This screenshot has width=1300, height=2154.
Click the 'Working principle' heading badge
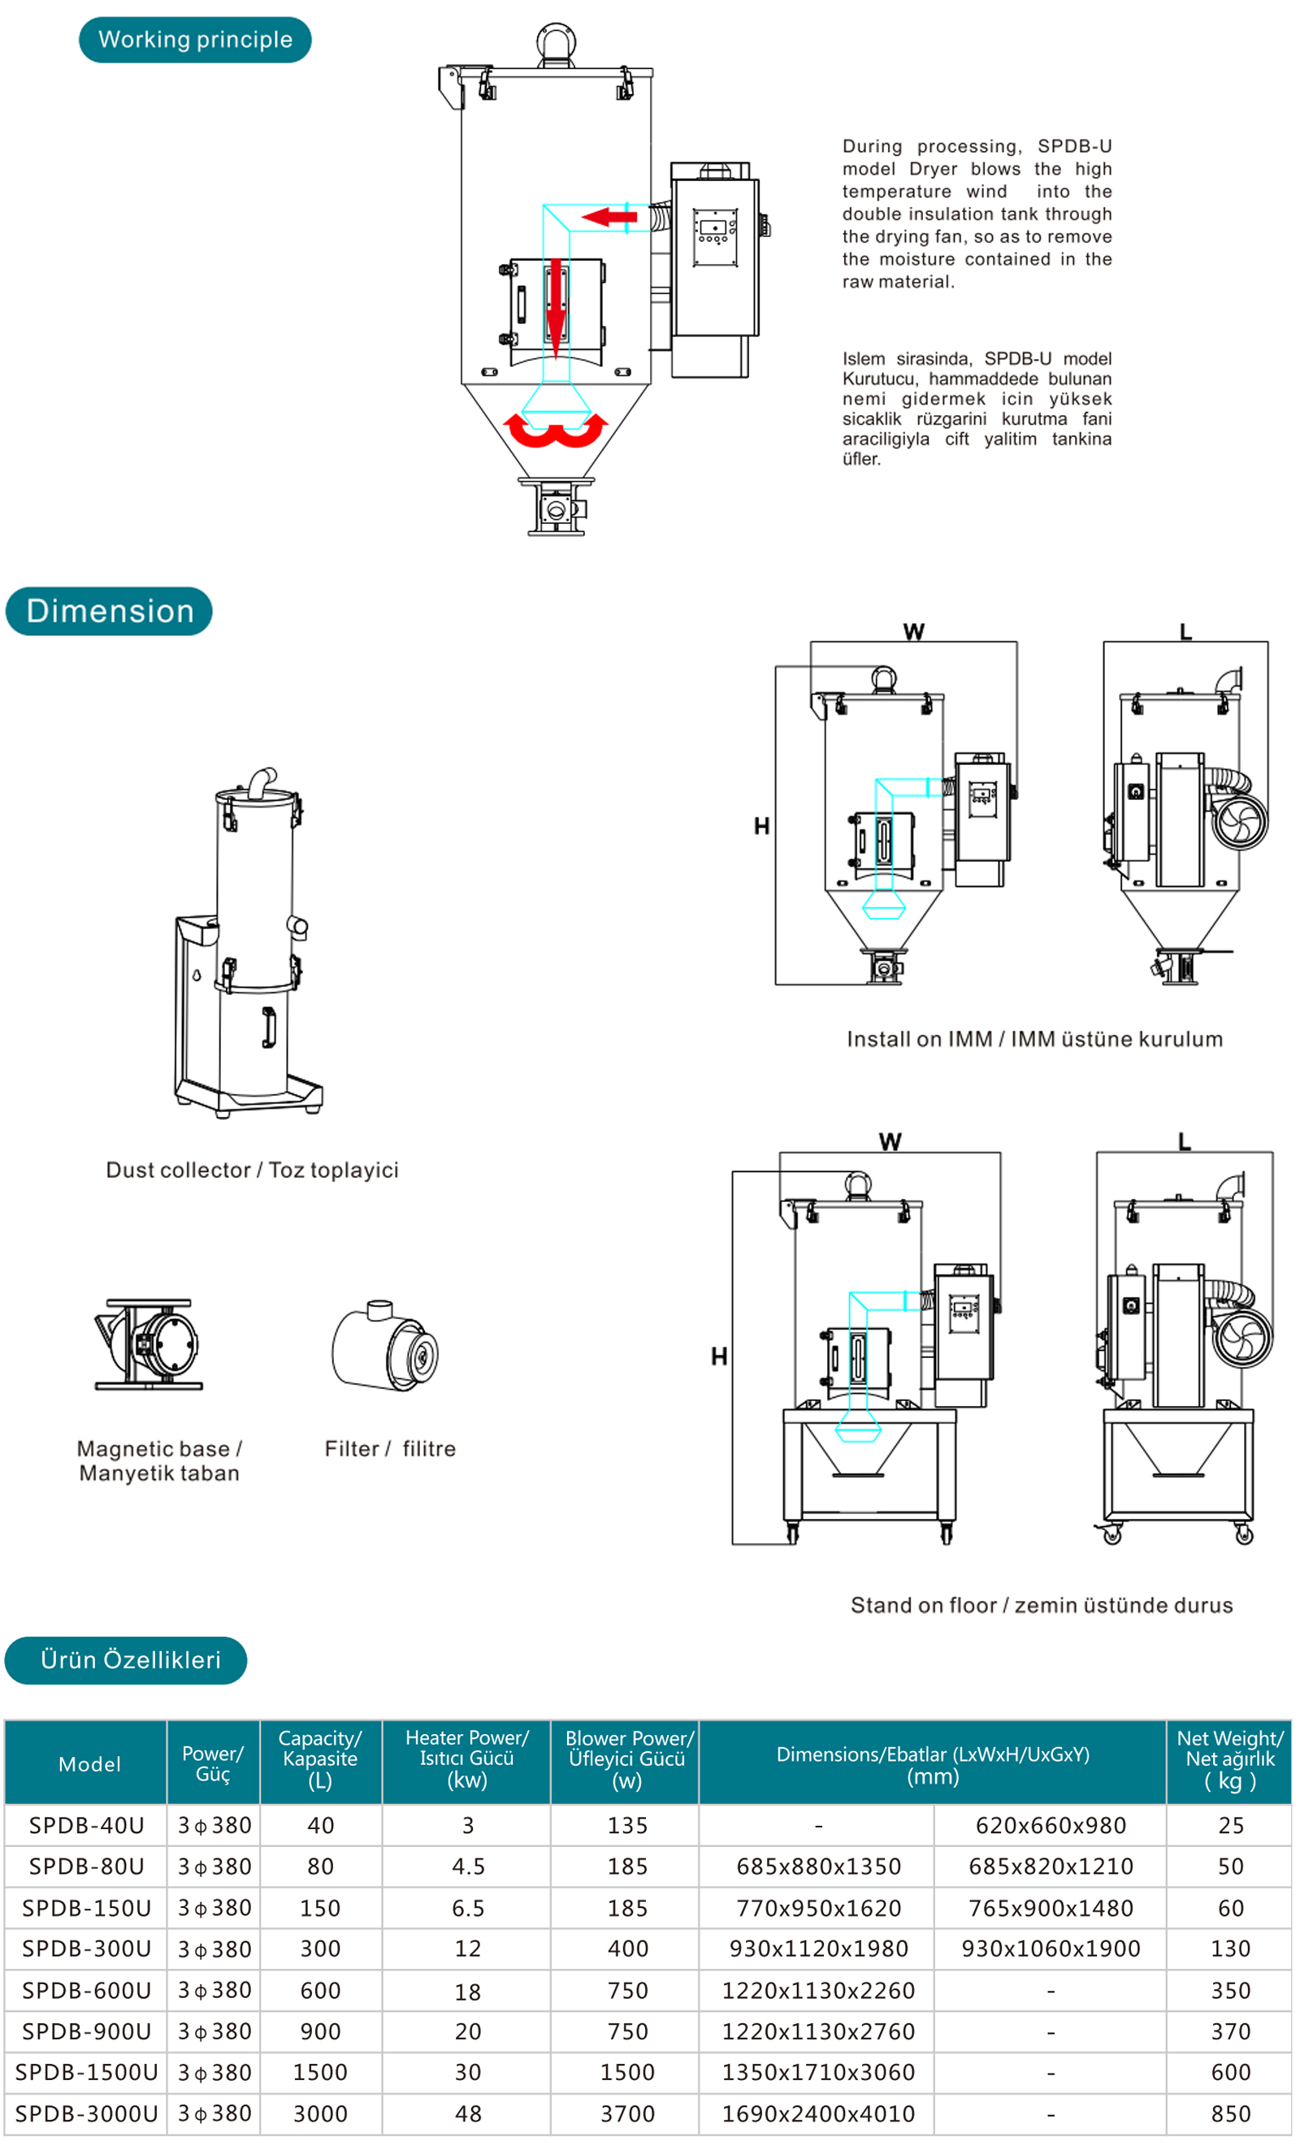[195, 41]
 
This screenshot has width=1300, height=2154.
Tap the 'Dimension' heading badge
[109, 612]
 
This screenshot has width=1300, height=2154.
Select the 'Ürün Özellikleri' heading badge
[126, 1660]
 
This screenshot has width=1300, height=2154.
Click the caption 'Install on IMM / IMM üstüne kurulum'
[1035, 1040]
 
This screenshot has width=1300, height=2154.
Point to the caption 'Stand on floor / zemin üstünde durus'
[1042, 1606]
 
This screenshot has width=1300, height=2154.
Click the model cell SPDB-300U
[87, 1949]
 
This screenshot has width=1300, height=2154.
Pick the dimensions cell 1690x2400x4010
[818, 2113]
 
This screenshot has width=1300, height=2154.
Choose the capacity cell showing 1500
[320, 2073]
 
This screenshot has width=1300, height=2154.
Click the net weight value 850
[1230, 2113]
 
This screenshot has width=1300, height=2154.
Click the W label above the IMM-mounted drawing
[913, 632]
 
